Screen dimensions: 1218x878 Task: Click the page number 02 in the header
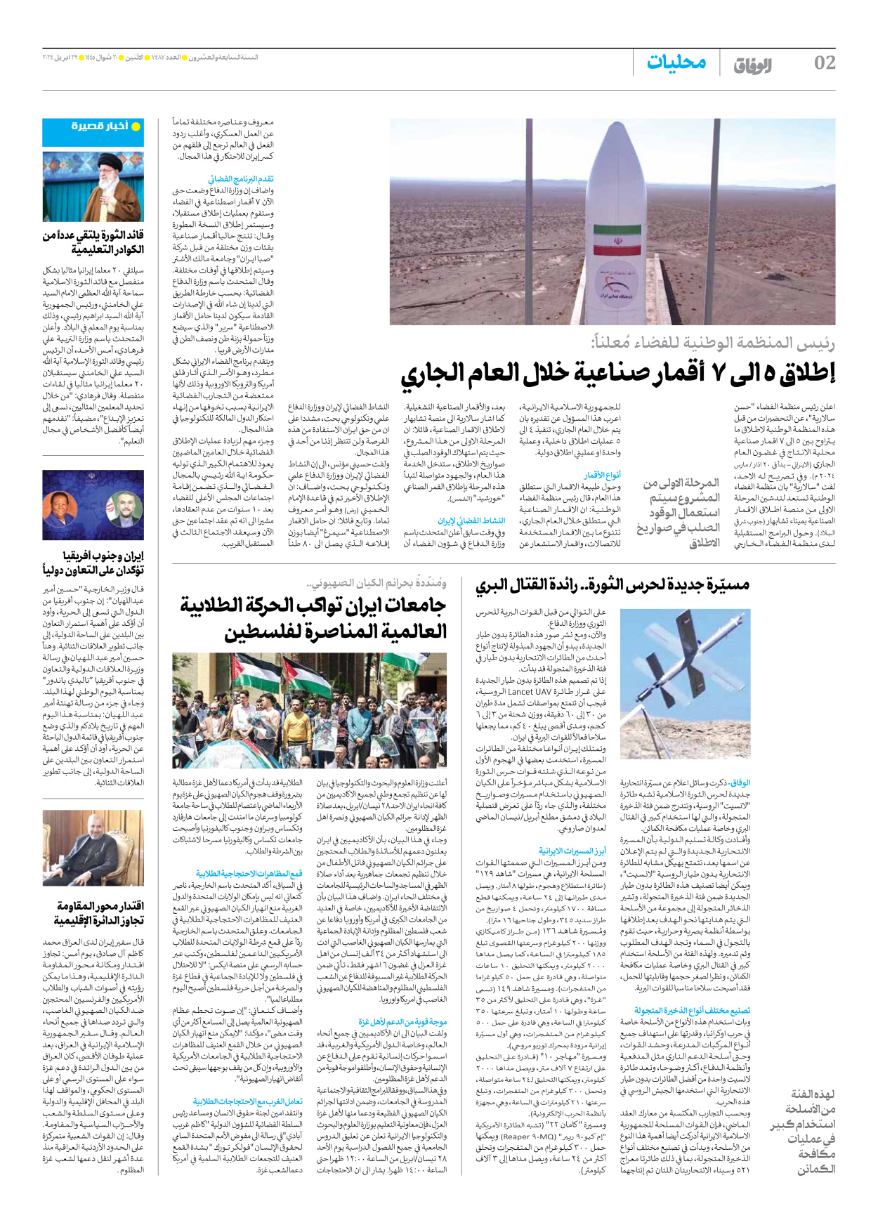pos(824,63)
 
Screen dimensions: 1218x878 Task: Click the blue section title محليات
pos(676,63)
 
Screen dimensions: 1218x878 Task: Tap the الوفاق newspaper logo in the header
pos(752,65)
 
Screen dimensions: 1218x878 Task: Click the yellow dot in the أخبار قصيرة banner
pos(137,126)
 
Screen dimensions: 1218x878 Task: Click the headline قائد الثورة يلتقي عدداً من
pos(93,235)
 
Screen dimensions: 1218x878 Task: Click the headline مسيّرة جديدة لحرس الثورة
pos(612,584)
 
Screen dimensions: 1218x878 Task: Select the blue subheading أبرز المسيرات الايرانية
pos(572,851)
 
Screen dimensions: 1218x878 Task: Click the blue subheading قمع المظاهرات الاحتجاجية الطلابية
pos(249,873)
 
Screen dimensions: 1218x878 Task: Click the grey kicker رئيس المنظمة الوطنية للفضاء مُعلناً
pos(713,343)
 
